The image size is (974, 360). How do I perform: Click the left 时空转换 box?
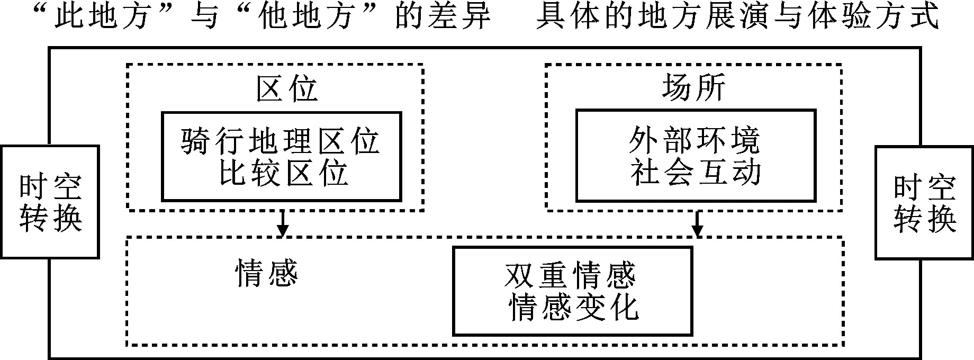click(x=51, y=202)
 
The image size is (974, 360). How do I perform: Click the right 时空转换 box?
click(x=924, y=203)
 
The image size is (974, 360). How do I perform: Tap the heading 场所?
click(x=693, y=88)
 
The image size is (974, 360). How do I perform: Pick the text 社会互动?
click(x=694, y=173)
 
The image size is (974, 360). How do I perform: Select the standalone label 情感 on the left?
click(x=266, y=274)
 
